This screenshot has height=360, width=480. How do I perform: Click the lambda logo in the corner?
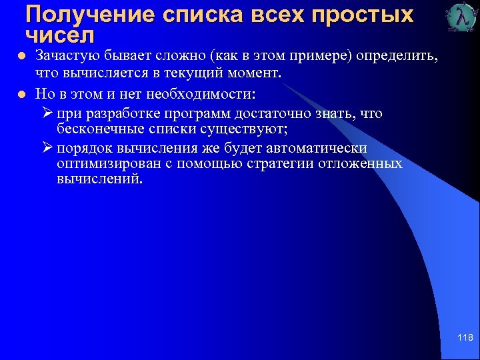(461, 18)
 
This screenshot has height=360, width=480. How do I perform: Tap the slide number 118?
(465, 338)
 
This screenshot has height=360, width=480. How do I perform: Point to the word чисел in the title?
(60, 33)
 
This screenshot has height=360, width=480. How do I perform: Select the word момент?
(256, 73)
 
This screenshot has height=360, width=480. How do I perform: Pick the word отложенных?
(360, 163)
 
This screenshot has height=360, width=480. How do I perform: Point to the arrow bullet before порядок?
(47, 147)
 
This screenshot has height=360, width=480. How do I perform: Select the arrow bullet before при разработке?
(47, 113)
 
